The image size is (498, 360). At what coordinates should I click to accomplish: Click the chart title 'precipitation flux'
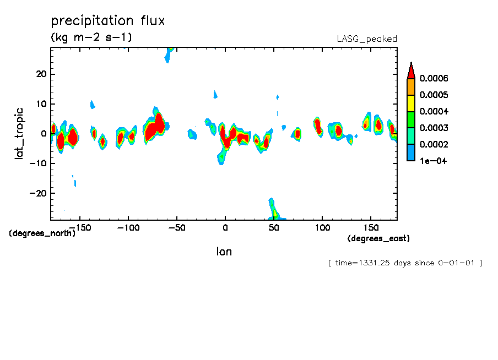(x=108, y=21)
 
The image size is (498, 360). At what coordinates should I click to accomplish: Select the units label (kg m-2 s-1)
(x=91, y=37)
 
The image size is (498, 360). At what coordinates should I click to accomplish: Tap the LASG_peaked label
(x=367, y=39)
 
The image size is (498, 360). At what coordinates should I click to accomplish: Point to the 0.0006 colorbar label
(x=434, y=78)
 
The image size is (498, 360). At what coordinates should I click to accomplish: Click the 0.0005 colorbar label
(x=434, y=95)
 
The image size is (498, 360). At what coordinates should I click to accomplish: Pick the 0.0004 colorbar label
(x=434, y=111)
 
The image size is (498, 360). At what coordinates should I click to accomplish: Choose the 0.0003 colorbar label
(x=434, y=128)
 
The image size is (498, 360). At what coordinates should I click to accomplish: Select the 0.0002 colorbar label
(x=434, y=144)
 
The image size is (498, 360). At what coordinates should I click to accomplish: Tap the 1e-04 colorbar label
(x=432, y=161)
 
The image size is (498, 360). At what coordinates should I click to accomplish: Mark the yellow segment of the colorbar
(x=410, y=103)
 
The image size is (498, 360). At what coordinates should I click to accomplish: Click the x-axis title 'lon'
(x=224, y=252)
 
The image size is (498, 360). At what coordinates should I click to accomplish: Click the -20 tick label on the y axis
(x=40, y=193)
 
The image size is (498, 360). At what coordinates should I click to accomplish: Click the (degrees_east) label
(x=378, y=238)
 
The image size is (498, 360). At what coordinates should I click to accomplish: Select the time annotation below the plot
(x=405, y=263)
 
